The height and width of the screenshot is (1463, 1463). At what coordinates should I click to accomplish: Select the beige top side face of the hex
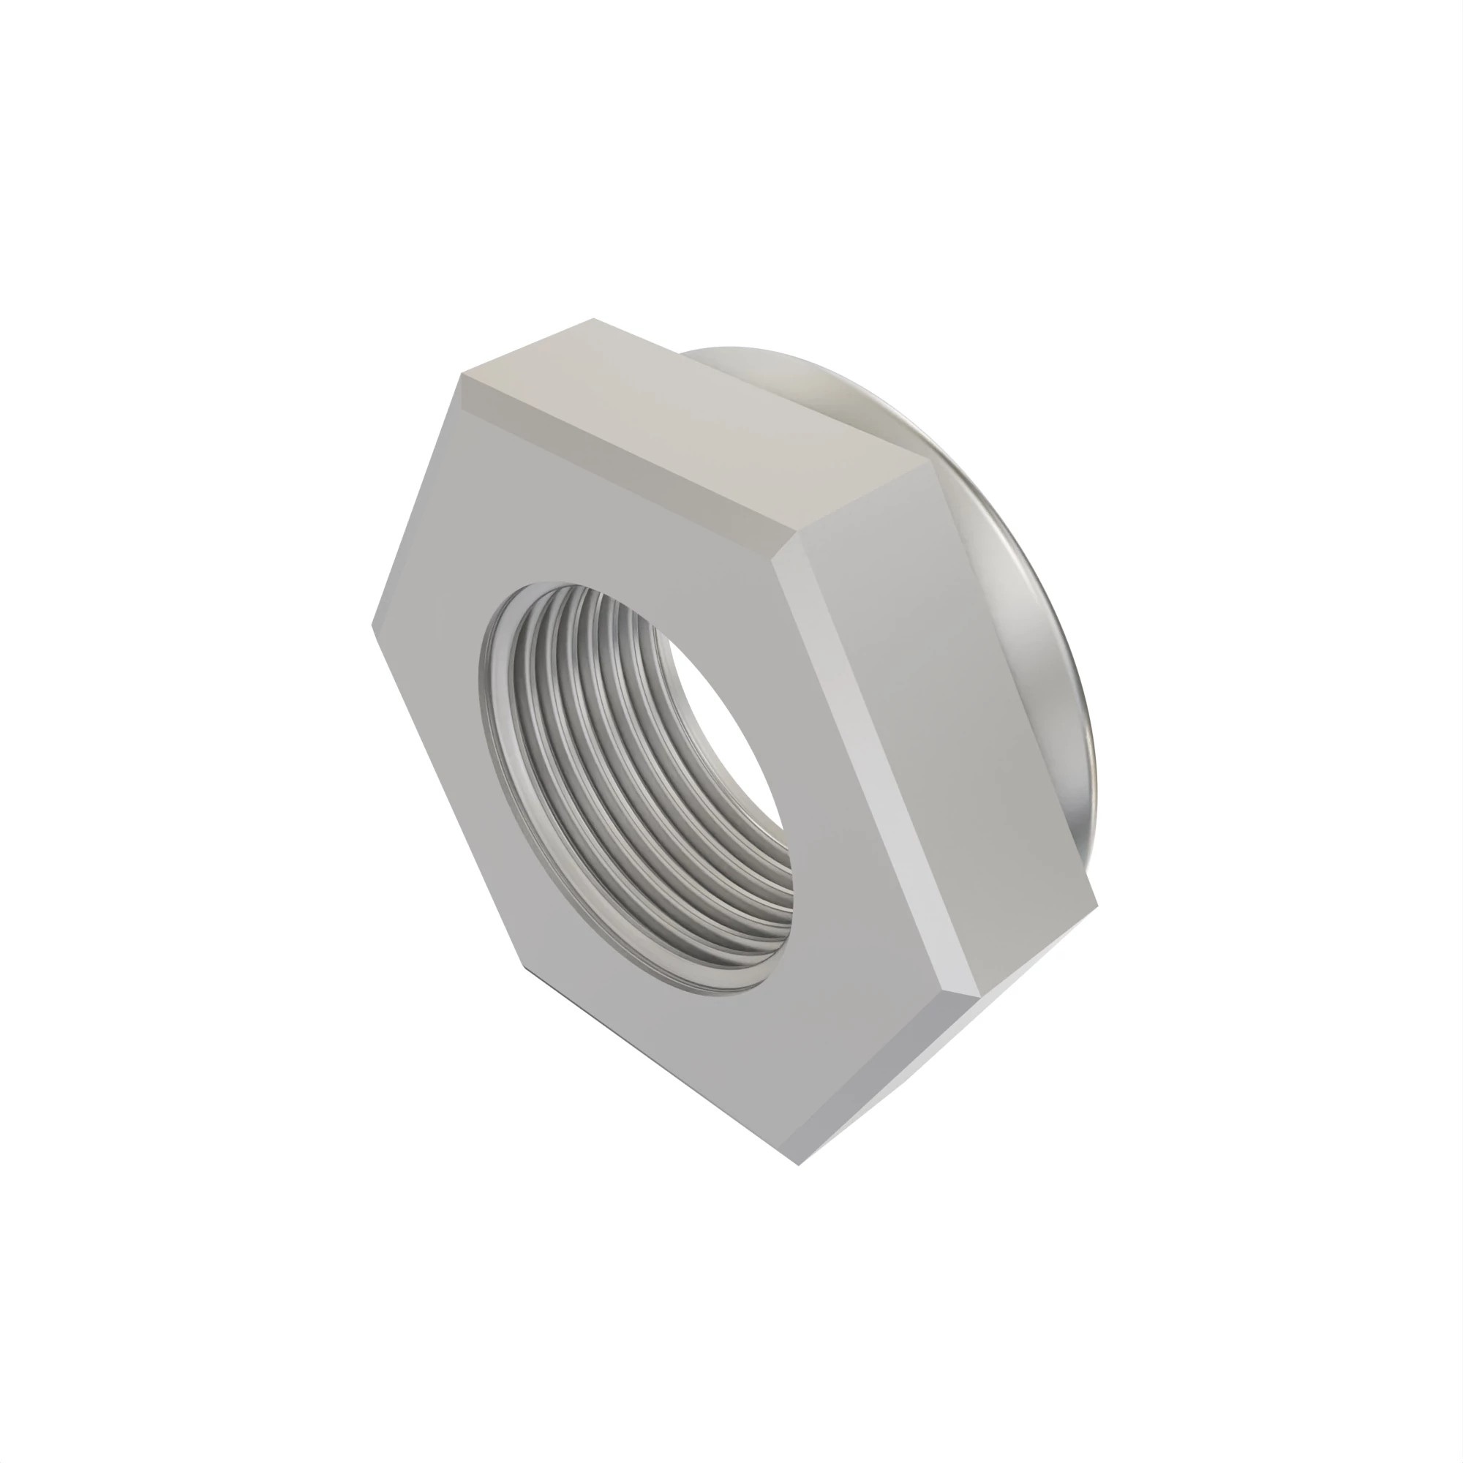click(x=682, y=424)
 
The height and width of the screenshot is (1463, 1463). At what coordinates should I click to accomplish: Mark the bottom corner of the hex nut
click(x=800, y=1164)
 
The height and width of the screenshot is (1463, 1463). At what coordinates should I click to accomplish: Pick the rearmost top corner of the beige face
click(x=595, y=319)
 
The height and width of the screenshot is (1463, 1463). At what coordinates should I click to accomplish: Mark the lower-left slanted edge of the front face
click(x=447, y=795)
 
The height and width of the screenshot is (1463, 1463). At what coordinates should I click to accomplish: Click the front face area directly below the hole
click(x=682, y=1060)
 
